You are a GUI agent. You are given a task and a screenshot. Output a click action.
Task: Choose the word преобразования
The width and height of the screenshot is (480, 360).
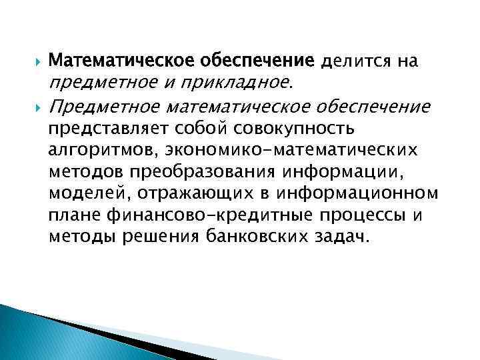(187, 171)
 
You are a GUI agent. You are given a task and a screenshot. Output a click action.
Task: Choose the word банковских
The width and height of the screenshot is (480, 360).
(255, 237)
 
